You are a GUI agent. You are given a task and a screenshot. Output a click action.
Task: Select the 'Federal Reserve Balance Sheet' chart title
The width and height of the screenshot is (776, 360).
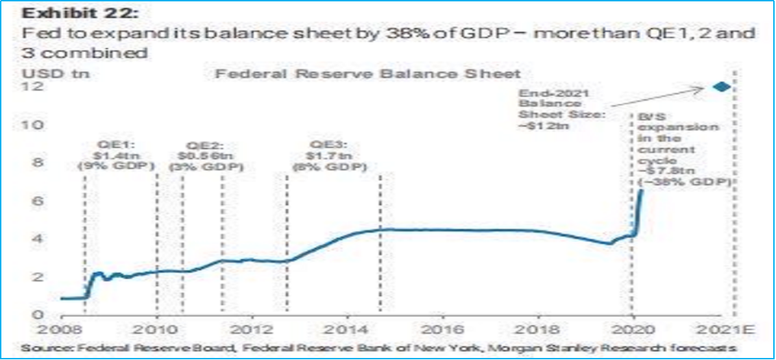369,73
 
